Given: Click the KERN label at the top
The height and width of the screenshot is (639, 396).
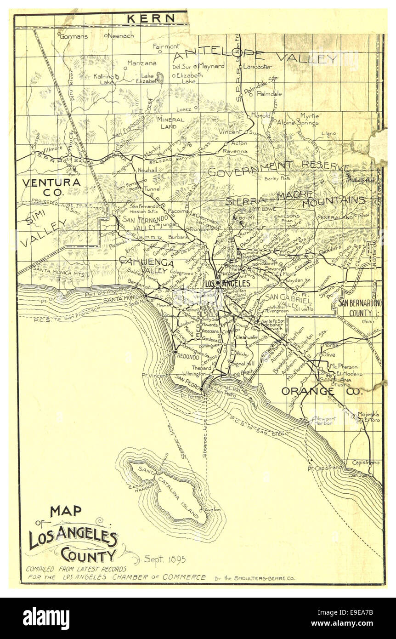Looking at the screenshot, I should point(150,19).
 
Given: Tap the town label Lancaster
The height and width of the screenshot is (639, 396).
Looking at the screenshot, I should point(257,67).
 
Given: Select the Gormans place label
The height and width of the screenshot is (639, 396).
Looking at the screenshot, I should point(74,36).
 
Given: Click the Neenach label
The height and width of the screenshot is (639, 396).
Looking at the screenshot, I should point(121,35).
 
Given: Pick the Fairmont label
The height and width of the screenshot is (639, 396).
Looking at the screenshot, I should point(166,46).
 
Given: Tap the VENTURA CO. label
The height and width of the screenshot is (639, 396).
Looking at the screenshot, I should point(51,186).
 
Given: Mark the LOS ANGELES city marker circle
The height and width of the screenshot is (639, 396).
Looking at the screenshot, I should point(218,283).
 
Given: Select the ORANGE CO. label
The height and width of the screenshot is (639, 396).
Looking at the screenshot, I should point(322,391).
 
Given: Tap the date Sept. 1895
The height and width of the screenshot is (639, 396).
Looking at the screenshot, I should point(165,559).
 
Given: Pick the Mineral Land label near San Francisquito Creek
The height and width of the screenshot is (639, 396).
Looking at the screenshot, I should point(170,123).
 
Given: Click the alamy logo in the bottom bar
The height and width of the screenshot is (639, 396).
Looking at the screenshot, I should point(46,618).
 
